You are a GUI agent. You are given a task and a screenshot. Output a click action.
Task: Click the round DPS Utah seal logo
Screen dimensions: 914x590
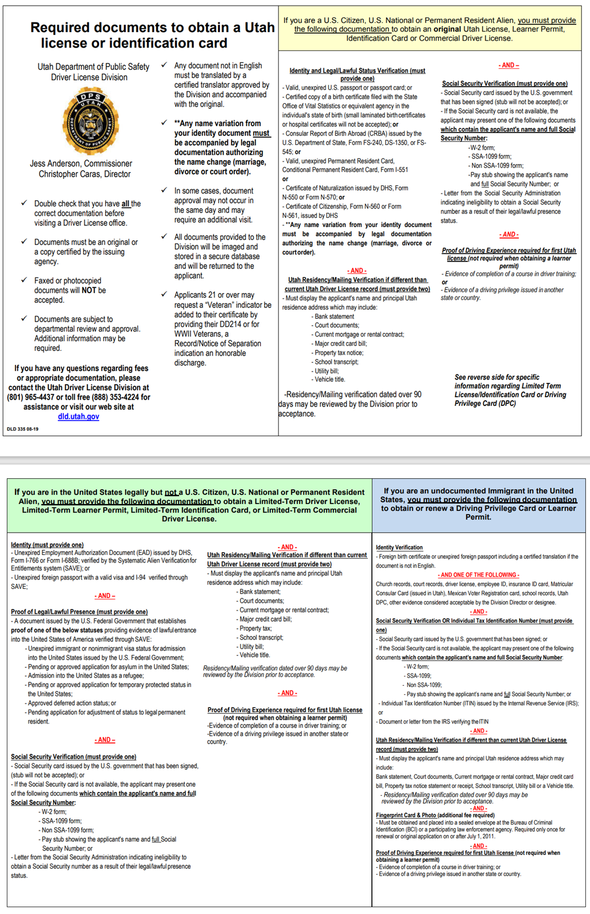91,120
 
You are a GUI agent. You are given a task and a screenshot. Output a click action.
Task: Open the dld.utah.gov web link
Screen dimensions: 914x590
79,416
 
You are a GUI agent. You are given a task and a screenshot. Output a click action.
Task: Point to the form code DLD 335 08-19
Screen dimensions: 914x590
22,429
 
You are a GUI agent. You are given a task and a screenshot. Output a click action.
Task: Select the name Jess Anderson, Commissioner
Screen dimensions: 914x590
81,164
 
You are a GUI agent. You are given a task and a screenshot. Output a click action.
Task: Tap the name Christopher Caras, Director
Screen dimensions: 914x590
84,174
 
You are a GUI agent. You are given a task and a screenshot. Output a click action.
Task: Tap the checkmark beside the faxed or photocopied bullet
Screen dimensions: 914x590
24,280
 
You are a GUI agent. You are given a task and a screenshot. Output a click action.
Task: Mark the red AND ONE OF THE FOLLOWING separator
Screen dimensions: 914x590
478,575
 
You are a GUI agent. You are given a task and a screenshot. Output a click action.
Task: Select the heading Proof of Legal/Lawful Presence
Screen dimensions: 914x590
79,612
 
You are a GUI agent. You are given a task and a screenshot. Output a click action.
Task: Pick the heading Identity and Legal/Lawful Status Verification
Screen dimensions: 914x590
357,71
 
